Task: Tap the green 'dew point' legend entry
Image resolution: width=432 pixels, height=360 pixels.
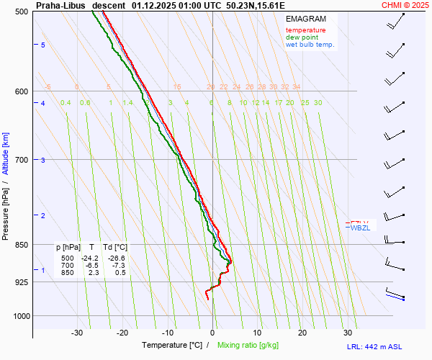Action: (302, 37)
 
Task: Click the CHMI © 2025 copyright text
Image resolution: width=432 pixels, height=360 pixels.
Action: (406, 4)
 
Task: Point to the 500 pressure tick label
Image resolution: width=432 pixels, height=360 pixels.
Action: (22, 12)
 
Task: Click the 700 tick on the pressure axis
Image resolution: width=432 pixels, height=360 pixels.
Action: (22, 159)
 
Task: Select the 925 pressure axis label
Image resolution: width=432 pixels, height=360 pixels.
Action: (22, 282)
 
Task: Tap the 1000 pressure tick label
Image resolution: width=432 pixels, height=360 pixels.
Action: (19, 316)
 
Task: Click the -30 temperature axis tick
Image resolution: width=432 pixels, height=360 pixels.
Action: (77, 333)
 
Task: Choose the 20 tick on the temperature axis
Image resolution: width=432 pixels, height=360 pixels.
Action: (302, 333)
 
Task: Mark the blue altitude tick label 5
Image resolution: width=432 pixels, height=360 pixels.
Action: (43, 45)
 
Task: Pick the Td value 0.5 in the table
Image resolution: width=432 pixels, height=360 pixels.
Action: (120, 273)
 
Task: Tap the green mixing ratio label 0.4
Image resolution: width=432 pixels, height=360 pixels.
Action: (66, 103)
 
